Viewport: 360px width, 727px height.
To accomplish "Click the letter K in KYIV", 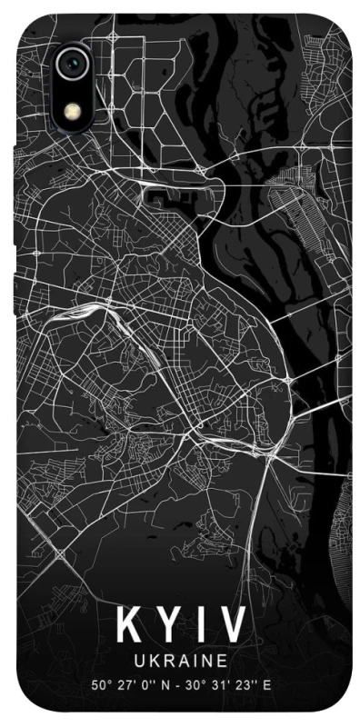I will coord(126,626).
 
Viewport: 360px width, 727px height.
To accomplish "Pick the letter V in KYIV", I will coord(232,626).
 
